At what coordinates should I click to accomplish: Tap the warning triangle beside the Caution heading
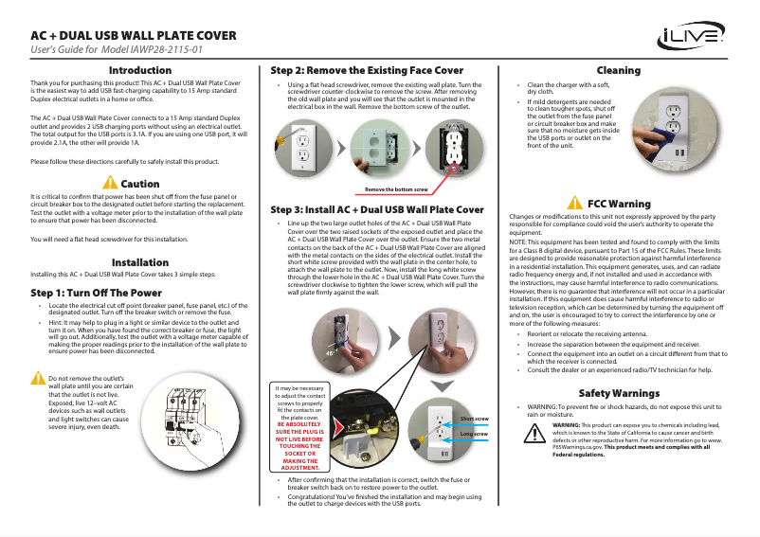click(111, 183)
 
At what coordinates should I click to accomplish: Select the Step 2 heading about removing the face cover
click(367, 71)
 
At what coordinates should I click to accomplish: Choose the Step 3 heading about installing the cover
click(377, 208)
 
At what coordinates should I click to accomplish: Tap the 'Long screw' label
click(474, 433)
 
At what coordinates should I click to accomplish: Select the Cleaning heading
click(618, 71)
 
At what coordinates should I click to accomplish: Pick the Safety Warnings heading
click(619, 393)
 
